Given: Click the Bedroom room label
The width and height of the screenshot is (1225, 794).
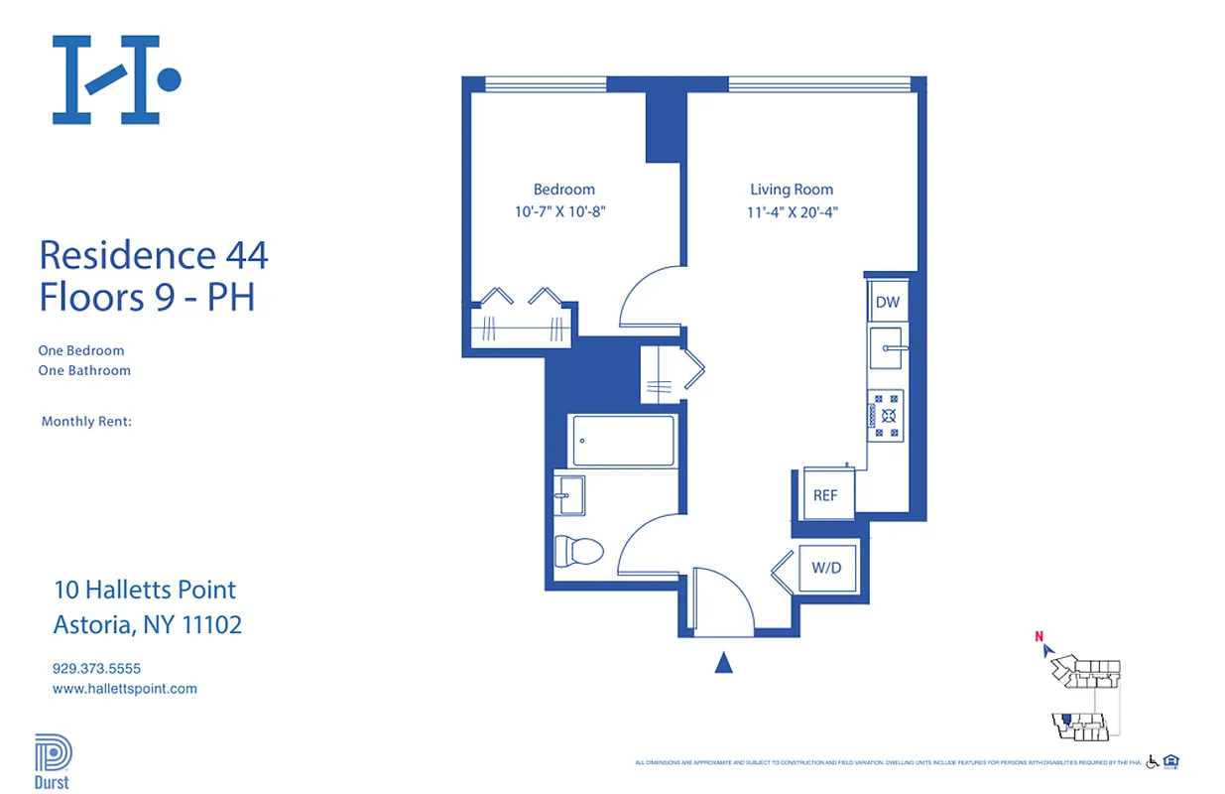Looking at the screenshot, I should [563, 190].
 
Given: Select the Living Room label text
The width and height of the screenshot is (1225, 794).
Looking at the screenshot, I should [791, 190].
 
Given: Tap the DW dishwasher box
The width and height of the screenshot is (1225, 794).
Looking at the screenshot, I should [886, 302].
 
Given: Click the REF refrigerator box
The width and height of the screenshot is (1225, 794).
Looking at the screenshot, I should [825, 495].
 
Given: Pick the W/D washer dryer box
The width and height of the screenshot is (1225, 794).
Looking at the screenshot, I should [826, 569].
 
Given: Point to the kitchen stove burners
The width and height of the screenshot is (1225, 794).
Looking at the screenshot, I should [886, 416].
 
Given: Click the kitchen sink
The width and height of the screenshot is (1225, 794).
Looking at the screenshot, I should [886, 347].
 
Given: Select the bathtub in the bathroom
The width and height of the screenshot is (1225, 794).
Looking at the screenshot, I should [624, 440].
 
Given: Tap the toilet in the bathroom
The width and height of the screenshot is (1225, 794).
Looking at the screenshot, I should [578, 550].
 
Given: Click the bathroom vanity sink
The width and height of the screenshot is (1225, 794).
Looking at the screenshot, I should [569, 493].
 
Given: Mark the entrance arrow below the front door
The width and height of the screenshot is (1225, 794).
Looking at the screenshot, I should [724, 663].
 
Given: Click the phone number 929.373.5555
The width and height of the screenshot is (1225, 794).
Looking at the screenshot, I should [96, 669].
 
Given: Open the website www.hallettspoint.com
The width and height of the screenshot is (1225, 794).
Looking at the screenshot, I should [124, 688].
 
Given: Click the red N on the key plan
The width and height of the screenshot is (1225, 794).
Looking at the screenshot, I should [1039, 637].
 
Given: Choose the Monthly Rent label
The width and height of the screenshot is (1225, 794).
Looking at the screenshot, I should [86, 422].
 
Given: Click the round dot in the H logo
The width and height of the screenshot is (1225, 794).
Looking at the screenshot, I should [170, 79].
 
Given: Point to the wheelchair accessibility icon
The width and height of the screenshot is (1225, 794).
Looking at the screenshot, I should [1153, 762].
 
